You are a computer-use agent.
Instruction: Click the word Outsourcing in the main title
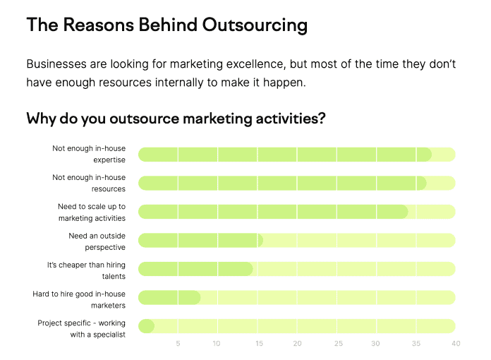pos(255,25)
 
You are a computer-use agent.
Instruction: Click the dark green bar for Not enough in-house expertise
pos(285,155)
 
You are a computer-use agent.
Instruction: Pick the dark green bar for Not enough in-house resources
pos(282,184)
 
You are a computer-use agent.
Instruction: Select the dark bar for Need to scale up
pos(273,212)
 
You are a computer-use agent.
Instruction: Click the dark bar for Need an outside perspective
pos(200,240)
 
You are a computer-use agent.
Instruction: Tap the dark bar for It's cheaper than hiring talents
pos(195,269)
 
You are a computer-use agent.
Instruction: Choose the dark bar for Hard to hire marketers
pos(169,297)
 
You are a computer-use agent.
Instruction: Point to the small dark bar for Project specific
pos(146,326)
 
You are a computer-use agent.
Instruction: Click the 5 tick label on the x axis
pos(178,343)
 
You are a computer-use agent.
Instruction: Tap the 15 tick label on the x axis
pos(259,343)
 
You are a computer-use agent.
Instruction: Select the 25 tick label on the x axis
pos(339,343)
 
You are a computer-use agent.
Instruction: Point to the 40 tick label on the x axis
pos(456,343)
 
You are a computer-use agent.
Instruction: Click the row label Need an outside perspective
pos(97,241)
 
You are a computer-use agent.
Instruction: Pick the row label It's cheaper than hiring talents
pos(86,270)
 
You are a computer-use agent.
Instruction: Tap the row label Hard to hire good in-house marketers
pos(79,299)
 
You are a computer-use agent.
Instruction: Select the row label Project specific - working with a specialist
pos(81,329)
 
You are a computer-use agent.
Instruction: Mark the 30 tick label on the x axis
pos(375,343)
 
